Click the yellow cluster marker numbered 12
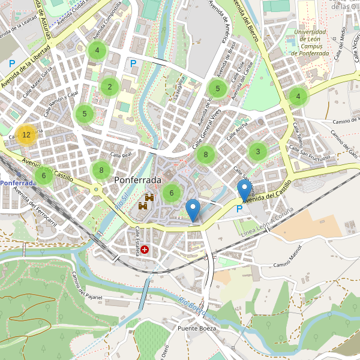tap(26, 135)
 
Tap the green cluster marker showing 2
tap(109, 87)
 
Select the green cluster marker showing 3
tap(258, 151)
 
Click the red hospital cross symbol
tap(144, 249)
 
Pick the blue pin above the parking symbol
tap(244, 191)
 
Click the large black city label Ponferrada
tap(137, 180)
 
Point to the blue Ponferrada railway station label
tap(18, 182)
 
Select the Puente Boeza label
tap(196, 328)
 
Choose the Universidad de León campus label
tap(310, 43)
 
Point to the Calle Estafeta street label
tap(137, 241)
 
